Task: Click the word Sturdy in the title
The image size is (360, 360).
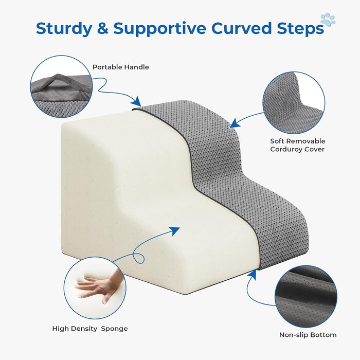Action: click(x=64, y=29)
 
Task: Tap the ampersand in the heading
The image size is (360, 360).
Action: click(x=103, y=28)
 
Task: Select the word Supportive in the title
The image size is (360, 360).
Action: click(x=159, y=29)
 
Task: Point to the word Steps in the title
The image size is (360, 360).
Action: click(x=300, y=29)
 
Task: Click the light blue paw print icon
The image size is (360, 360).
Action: click(x=328, y=20)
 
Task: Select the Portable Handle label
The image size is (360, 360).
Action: click(x=120, y=67)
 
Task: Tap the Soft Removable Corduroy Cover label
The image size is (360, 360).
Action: click(x=298, y=145)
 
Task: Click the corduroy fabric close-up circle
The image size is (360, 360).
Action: click(x=294, y=103)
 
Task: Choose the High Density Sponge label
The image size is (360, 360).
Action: click(x=90, y=329)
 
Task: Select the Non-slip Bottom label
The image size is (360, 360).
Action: click(x=308, y=335)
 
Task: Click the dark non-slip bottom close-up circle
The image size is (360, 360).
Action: click(x=306, y=297)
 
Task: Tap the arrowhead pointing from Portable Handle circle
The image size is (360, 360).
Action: click(x=137, y=101)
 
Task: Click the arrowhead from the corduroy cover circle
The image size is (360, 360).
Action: click(x=235, y=123)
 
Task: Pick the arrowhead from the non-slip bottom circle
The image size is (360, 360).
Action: click(x=253, y=275)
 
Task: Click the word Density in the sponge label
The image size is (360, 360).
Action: click(x=83, y=329)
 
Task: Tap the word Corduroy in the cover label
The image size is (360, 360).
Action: click(x=284, y=149)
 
